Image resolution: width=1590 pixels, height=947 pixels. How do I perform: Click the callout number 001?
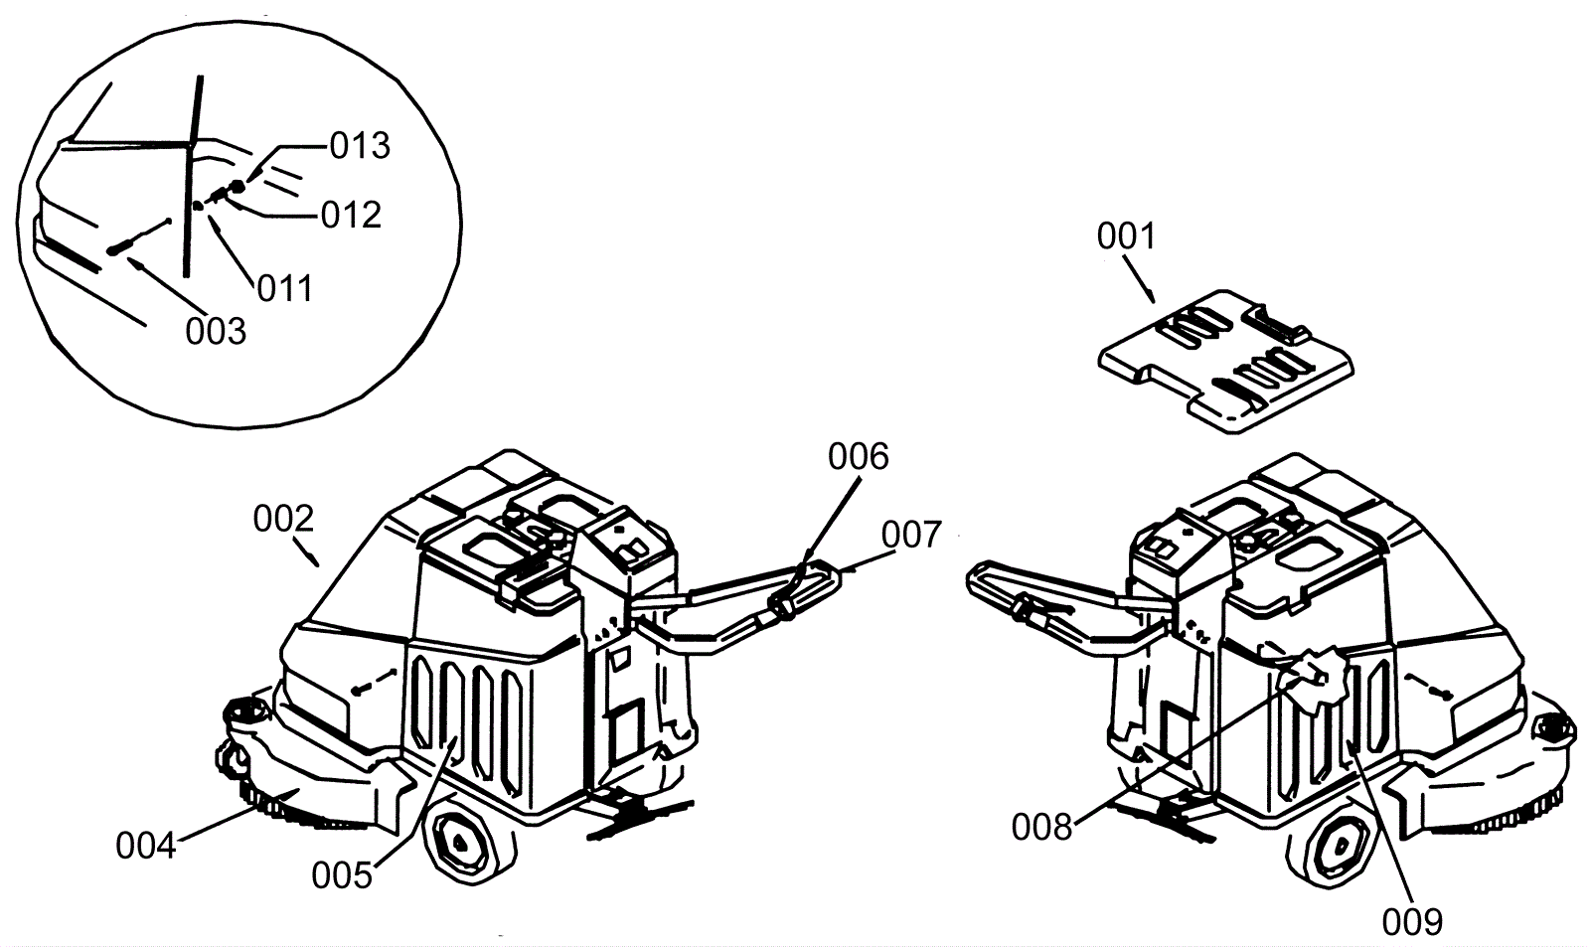coord(1126,237)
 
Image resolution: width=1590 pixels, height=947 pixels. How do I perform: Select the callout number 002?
coord(283,519)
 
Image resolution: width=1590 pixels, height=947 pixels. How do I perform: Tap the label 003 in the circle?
coord(215,331)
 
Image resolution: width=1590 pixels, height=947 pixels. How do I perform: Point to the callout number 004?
coord(145,846)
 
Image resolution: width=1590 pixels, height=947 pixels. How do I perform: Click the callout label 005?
coord(341,875)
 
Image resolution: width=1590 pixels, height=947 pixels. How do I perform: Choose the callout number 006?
coord(858,457)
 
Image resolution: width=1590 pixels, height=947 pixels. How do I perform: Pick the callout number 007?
coord(910,536)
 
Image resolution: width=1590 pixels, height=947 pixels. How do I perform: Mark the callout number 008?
coord(1041,826)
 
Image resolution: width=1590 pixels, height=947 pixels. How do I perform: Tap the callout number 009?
coord(1411,921)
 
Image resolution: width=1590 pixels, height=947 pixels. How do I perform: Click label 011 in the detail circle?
coord(284,288)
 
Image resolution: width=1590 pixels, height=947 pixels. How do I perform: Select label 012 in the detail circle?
coord(351,215)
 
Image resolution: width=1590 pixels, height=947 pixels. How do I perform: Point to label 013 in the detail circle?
coord(360,146)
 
